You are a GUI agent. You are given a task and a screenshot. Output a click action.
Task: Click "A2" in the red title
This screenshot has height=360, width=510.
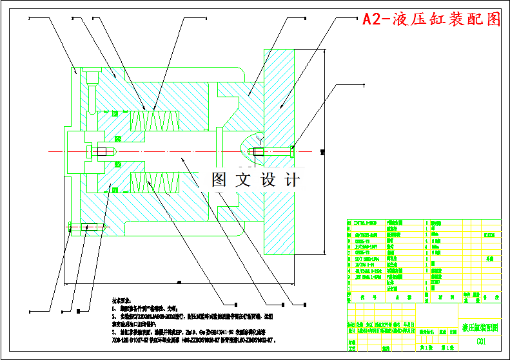tap(372, 19)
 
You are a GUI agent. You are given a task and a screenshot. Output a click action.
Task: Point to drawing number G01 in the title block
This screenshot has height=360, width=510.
tap(481, 342)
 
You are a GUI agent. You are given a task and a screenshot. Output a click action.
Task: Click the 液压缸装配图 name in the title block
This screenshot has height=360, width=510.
tap(480, 327)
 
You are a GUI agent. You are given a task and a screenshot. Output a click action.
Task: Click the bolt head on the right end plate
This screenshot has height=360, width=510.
tap(293, 151)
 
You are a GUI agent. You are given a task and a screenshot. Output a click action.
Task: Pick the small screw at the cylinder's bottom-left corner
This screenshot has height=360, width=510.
tap(88, 226)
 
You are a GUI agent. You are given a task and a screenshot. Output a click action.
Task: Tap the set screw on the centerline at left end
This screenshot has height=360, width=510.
tap(102, 152)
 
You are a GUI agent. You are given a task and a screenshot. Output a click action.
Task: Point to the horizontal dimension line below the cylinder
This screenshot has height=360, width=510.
tap(193, 283)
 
